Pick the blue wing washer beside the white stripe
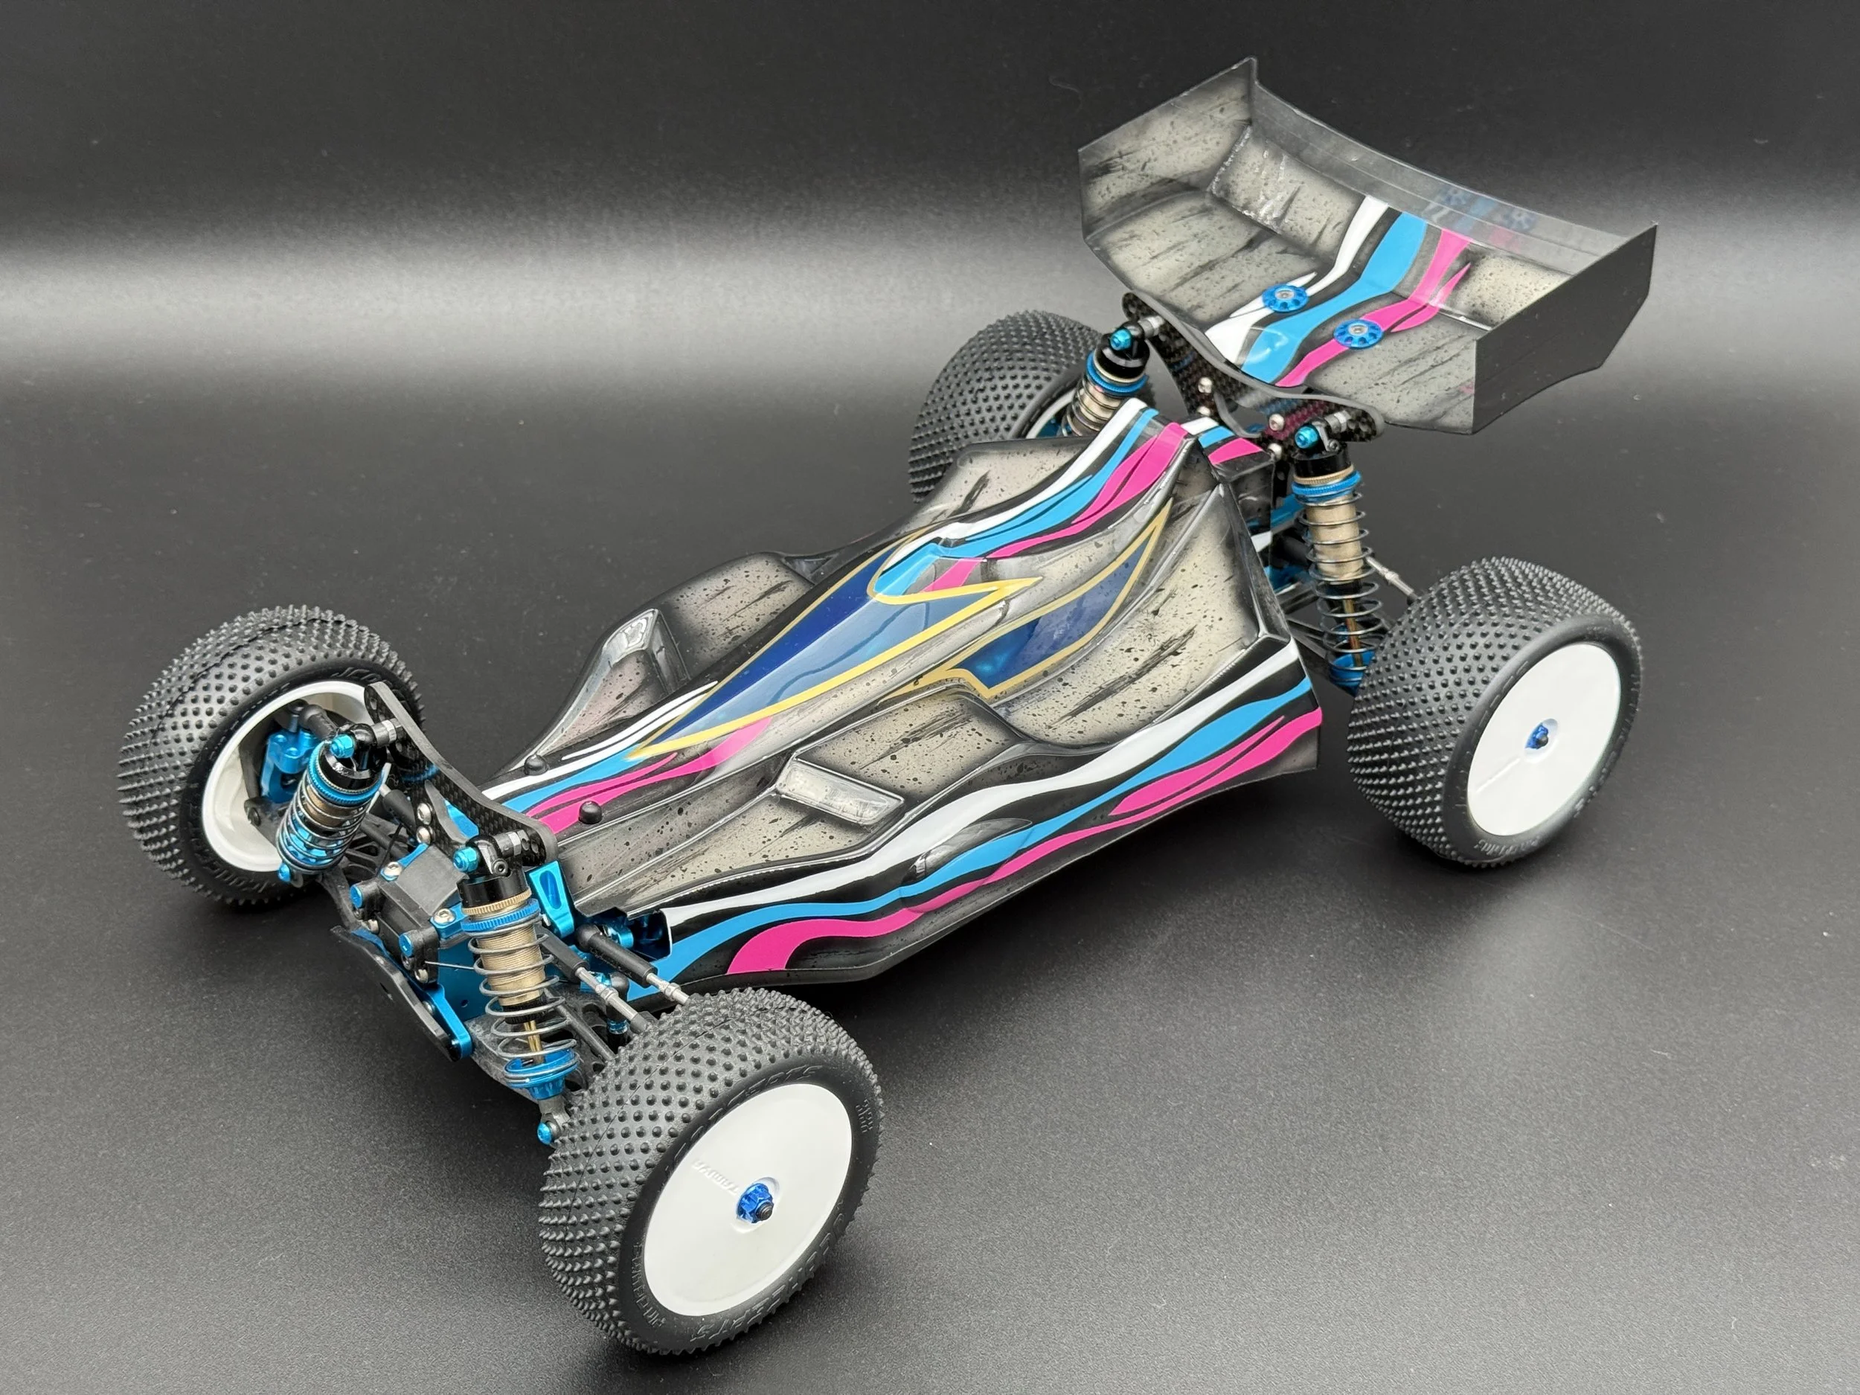1284,295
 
